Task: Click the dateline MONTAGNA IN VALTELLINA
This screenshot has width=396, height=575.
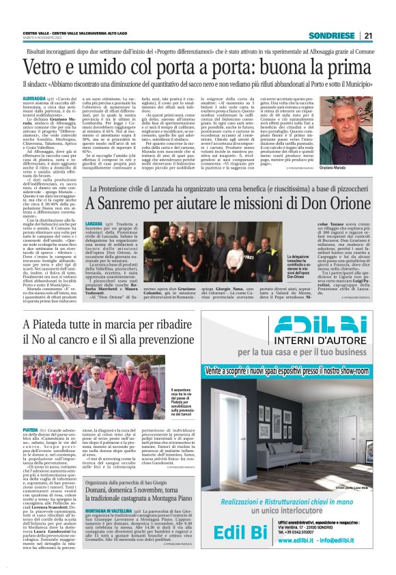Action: [110, 509]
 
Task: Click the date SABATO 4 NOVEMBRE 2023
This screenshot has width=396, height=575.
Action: [45, 38]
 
